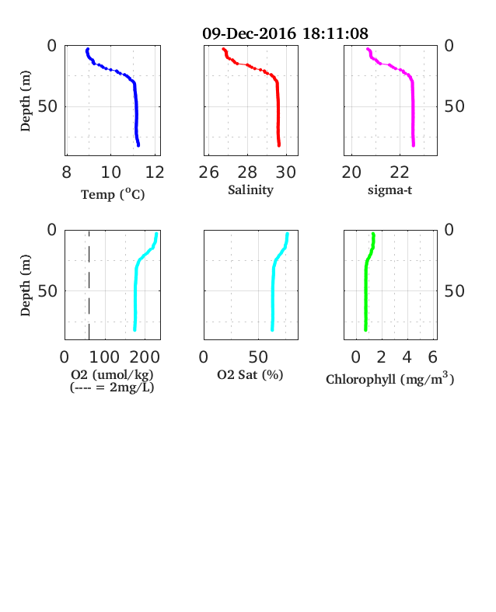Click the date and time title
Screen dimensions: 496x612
(285, 33)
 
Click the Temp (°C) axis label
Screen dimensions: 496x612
(113, 194)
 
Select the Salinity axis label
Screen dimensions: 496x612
(250, 190)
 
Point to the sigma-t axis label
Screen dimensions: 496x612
(389, 190)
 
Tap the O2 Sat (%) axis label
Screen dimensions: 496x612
(250, 374)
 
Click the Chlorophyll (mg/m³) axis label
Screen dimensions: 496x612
(389, 378)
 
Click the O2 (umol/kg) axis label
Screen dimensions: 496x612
(112, 374)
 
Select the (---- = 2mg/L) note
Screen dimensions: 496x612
(112, 388)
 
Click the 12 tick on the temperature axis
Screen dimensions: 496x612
(155, 172)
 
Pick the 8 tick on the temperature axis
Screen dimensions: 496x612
(66, 172)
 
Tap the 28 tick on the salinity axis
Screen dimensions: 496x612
(247, 172)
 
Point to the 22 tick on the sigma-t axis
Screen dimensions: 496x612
(399, 172)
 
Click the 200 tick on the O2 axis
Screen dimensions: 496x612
(145, 357)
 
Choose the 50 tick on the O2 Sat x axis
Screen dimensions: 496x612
(258, 357)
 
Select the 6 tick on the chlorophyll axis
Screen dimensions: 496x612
(432, 357)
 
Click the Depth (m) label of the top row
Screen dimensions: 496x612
(25, 101)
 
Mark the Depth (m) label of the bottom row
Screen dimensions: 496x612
(25, 285)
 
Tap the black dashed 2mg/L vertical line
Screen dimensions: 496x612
(89, 285)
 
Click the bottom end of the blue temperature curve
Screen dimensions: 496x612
(138, 145)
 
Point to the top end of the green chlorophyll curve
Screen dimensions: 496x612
(373, 235)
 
